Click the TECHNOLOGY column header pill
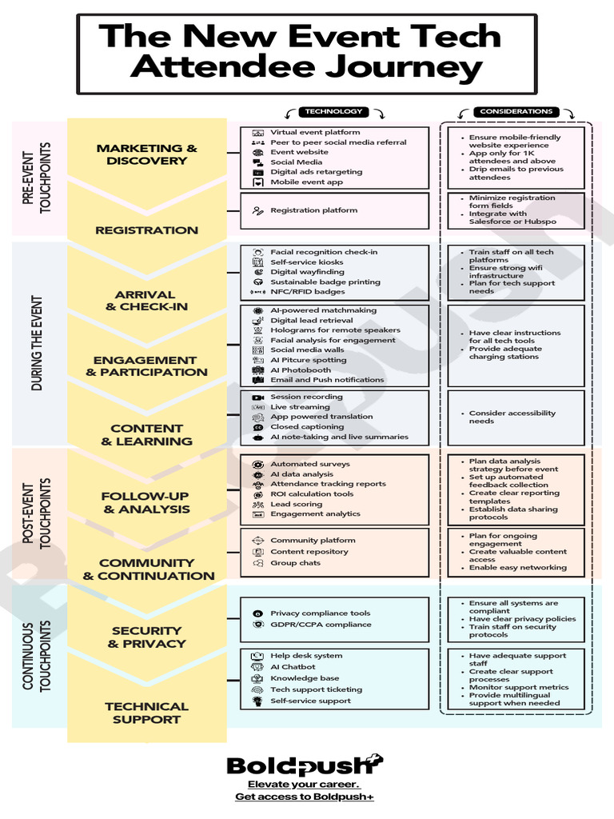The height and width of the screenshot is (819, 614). (333, 111)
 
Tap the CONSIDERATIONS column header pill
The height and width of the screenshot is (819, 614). (516, 111)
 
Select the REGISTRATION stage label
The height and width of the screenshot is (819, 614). (147, 230)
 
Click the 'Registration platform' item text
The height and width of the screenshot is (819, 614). (313, 210)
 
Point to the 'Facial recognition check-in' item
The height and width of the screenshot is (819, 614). (324, 252)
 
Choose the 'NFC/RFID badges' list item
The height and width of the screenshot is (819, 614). (308, 291)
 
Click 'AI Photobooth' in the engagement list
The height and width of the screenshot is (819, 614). (301, 370)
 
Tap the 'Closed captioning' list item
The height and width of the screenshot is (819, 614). (307, 427)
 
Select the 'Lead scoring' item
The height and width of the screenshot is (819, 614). (296, 504)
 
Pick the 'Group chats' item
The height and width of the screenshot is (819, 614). (296, 562)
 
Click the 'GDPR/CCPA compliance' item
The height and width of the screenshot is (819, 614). (321, 624)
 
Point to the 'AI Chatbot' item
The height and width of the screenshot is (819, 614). (293, 666)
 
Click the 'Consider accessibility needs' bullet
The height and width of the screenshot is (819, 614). (512, 417)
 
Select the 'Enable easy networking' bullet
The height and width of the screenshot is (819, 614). (517, 567)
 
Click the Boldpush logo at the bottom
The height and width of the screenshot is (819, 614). (305, 765)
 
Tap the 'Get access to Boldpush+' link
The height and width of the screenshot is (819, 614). (305, 797)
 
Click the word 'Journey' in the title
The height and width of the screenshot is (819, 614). (403, 67)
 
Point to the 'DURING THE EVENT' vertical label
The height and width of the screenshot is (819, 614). (37, 343)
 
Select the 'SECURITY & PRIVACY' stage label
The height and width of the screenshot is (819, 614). (147, 637)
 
